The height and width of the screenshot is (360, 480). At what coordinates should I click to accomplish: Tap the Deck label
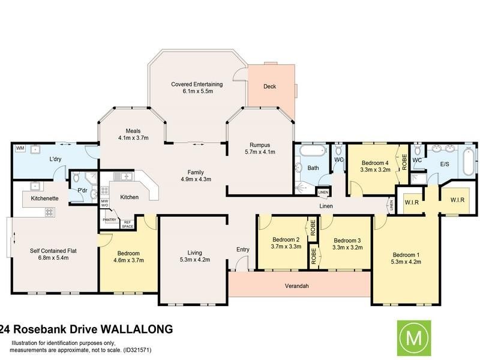point(269,86)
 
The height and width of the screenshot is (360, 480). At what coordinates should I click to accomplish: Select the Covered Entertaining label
point(197,84)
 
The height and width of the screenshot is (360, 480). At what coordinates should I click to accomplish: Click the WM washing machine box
point(19,148)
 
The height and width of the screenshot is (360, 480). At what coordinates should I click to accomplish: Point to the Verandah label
point(296,286)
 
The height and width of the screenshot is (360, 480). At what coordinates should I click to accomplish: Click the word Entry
point(242,249)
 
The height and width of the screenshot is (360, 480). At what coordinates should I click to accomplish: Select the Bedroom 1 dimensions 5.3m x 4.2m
point(406,262)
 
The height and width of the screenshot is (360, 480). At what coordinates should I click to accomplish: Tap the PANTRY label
point(109,220)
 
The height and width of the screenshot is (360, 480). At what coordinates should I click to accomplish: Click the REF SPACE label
point(127,224)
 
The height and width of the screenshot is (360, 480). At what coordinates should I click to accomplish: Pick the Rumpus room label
point(259,144)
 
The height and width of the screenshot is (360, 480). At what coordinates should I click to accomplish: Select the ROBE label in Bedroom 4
point(404,162)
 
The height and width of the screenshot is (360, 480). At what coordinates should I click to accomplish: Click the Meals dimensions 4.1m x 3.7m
point(133,138)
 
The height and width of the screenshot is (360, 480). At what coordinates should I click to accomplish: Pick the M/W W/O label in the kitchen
point(104,203)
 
